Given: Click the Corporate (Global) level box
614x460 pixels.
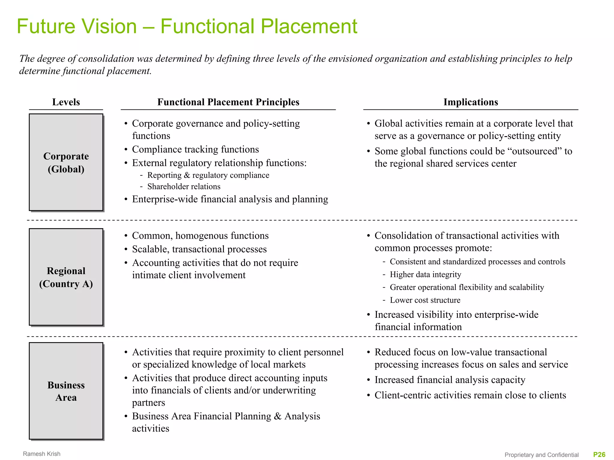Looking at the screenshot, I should (66, 162).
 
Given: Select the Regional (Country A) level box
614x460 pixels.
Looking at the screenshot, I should (66, 277).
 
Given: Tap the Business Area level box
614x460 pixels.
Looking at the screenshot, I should (66, 391).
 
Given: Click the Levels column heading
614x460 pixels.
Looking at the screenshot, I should (66, 102).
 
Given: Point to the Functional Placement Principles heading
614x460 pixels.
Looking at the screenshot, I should (228, 102).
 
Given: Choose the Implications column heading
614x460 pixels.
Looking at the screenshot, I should (471, 102).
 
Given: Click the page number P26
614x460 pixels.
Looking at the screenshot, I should (599, 455).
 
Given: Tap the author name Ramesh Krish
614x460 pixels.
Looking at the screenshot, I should (42, 454).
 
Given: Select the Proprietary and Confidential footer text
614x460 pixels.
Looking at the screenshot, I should (541, 455).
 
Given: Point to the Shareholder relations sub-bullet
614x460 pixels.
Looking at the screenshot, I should (184, 187).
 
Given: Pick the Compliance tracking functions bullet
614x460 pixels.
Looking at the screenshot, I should (195, 149).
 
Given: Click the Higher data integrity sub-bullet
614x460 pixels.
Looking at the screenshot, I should (425, 274).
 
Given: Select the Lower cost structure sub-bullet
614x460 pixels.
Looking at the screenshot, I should (425, 300).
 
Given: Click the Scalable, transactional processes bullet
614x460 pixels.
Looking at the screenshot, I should (199, 249).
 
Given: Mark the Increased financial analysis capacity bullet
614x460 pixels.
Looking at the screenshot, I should (450, 380).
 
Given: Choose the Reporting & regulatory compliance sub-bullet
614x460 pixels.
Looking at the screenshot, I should (208, 175).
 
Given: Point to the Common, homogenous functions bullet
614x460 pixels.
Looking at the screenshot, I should (200, 236).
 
